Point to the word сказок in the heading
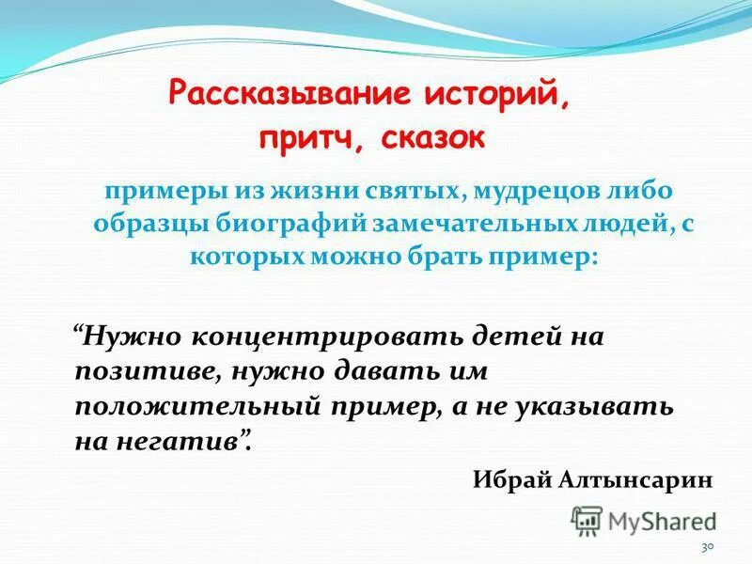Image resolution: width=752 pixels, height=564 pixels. [x=434, y=138]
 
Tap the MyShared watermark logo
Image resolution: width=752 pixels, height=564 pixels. [x=644, y=520]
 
